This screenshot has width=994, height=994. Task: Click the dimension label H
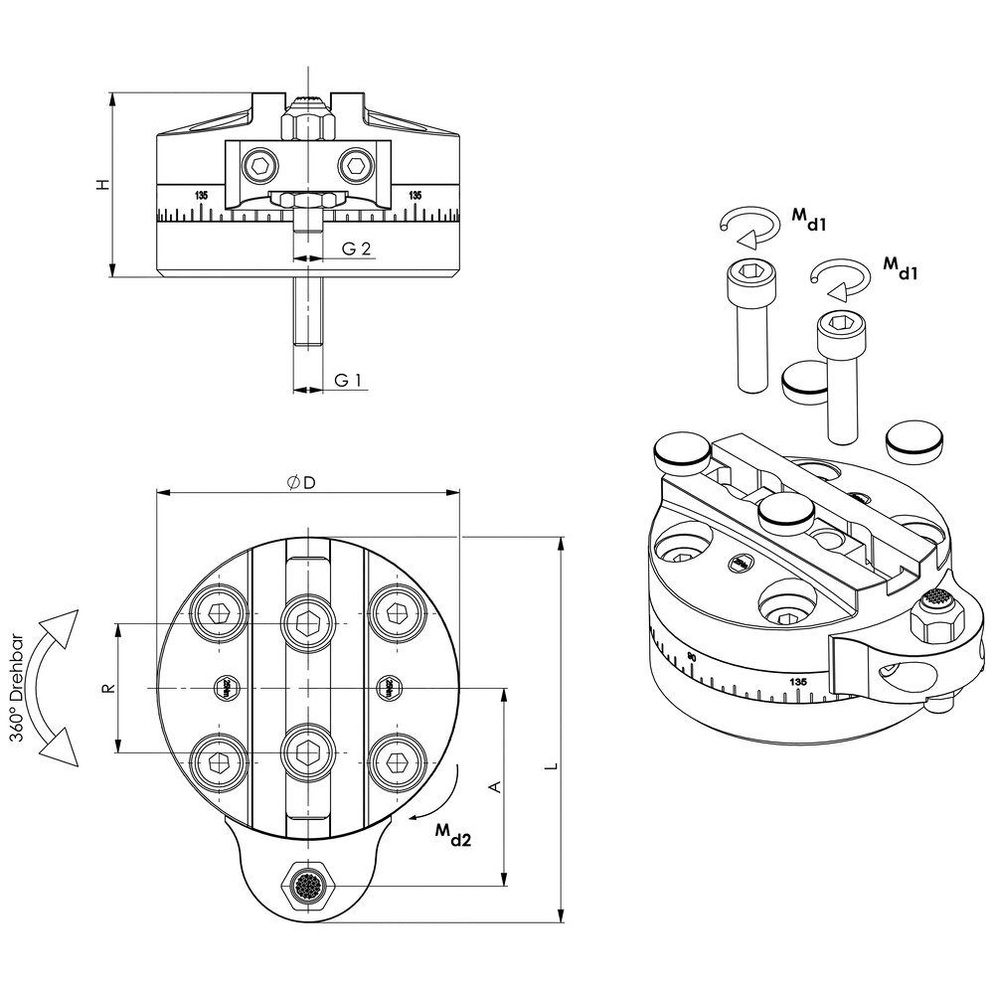pyautogui.click(x=100, y=185)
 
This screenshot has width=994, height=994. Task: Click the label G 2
pyautogui.click(x=356, y=248)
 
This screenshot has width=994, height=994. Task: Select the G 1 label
pyautogui.click(x=346, y=380)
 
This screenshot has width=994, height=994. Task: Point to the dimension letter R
pyautogui.click(x=109, y=688)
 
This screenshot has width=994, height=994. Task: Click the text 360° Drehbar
pyautogui.click(x=21, y=687)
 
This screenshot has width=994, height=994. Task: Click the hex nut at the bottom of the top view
pyautogui.click(x=309, y=883)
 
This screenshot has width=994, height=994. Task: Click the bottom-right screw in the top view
pyautogui.click(x=395, y=761)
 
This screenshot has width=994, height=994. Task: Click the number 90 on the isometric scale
pyautogui.click(x=692, y=658)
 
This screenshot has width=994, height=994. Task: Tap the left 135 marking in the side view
pyautogui.click(x=202, y=195)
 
